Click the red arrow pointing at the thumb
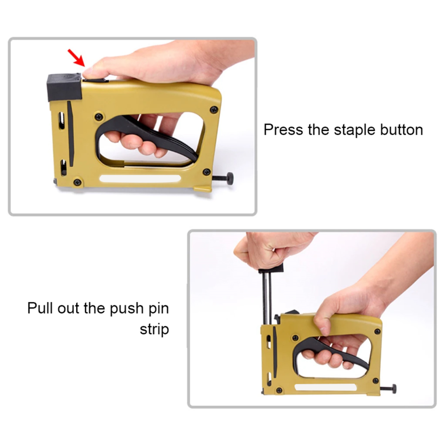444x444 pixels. click(x=76, y=58)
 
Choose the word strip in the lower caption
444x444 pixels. click(x=154, y=330)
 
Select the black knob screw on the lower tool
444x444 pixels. click(x=388, y=389)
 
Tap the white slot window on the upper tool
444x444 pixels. click(x=140, y=179)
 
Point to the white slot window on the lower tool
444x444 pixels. click(x=326, y=387)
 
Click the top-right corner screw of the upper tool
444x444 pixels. click(x=214, y=109)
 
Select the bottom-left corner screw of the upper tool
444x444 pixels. click(x=77, y=182)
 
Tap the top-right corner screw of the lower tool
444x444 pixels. click(x=377, y=331)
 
